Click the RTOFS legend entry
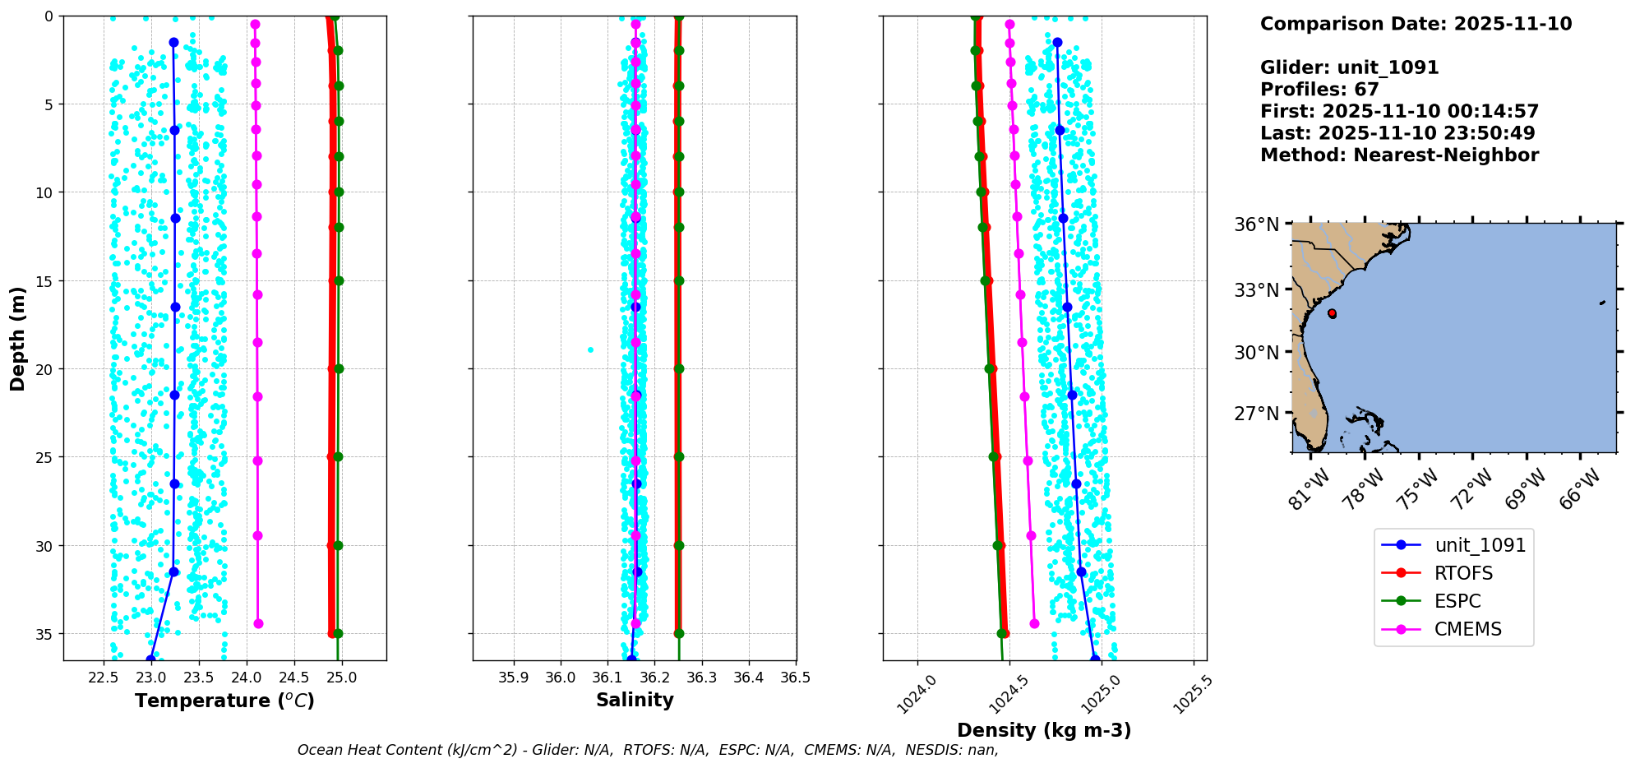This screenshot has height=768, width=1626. [1463, 573]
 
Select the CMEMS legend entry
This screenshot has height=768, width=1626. [1467, 629]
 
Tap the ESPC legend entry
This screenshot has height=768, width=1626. [1457, 601]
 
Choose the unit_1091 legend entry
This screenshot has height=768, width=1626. [1480, 545]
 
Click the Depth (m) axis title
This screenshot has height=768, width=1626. [17, 338]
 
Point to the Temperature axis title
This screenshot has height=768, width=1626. [224, 701]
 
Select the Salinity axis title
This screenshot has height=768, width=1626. [635, 700]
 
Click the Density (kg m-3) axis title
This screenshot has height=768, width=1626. [1044, 730]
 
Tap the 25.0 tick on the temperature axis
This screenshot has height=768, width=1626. [341, 678]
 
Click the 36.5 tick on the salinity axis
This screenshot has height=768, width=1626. [795, 678]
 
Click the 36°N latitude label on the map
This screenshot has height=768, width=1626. [1256, 224]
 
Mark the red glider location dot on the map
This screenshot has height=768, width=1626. [1332, 313]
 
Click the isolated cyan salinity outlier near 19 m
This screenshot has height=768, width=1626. [590, 349]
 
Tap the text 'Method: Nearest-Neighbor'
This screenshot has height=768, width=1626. [1399, 155]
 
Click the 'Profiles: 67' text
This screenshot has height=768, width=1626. [1319, 89]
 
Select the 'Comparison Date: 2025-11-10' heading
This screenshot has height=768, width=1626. [1416, 24]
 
